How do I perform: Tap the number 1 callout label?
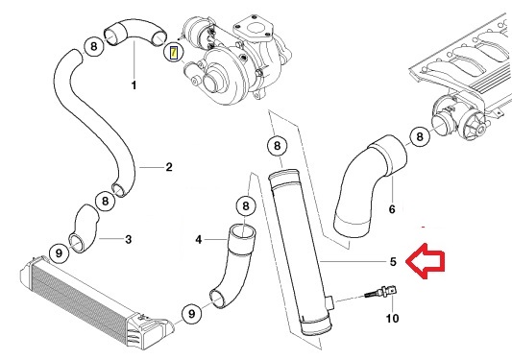(x=134, y=85)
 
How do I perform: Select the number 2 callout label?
(x=169, y=167)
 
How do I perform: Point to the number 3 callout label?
(x=129, y=238)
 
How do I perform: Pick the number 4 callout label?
(x=199, y=239)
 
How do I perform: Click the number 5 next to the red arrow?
(x=392, y=261)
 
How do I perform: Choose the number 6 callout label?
(x=391, y=207)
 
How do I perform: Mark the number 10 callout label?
(x=391, y=318)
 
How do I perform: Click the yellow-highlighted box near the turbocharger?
(x=172, y=52)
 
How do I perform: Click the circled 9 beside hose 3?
(x=58, y=253)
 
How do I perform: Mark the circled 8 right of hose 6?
(x=419, y=137)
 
